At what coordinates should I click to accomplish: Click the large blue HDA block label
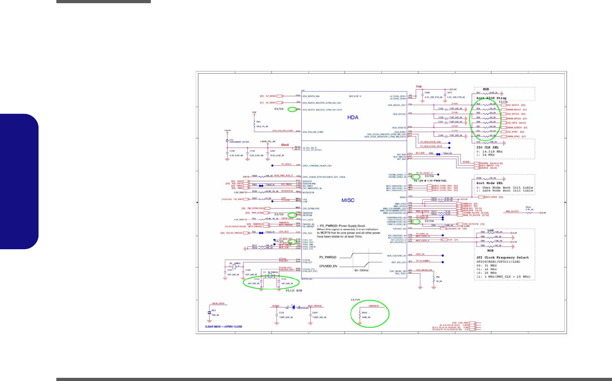click(352, 117)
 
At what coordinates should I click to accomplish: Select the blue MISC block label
click(348, 200)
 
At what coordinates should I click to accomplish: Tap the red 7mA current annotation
click(419, 87)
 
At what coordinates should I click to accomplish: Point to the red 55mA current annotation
click(285, 145)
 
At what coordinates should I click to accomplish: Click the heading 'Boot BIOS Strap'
click(491, 98)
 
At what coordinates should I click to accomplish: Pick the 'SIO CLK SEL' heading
click(487, 147)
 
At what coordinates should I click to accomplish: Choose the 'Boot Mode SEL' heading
click(489, 183)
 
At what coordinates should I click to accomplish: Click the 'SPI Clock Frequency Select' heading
click(502, 258)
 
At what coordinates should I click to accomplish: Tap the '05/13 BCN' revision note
click(294, 291)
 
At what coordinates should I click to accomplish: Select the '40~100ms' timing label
click(361, 270)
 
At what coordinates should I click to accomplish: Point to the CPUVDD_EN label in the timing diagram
click(328, 266)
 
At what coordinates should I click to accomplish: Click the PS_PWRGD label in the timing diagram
click(327, 257)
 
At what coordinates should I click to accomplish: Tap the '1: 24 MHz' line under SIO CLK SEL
click(485, 155)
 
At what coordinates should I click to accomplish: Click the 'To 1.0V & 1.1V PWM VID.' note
click(430, 181)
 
